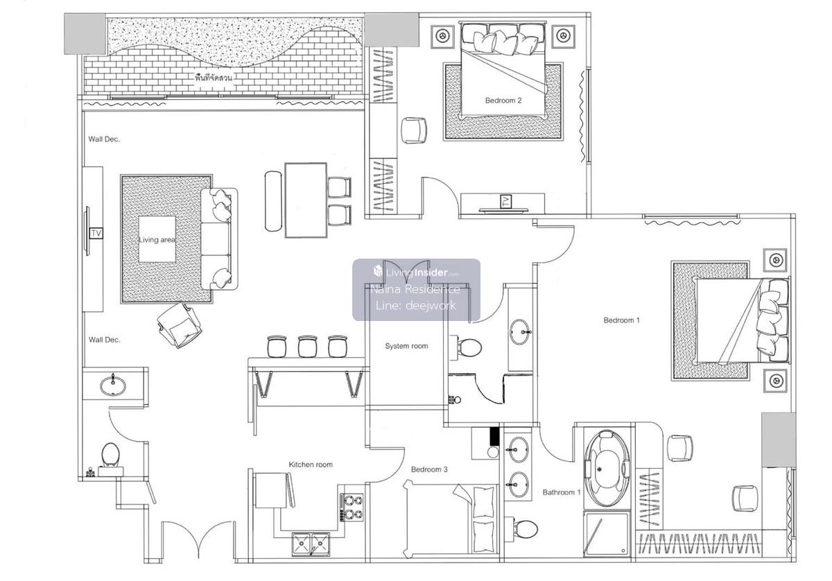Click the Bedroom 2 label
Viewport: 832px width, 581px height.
[503, 101]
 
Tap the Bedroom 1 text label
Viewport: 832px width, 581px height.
[621, 320]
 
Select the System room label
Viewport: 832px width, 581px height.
[406, 346]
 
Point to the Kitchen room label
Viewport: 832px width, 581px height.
[311, 465]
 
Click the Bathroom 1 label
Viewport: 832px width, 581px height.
[561, 492]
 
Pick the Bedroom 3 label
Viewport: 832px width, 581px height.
[429, 469]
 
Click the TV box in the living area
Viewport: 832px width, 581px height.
[96, 233]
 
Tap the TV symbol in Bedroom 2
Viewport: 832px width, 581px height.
[506, 202]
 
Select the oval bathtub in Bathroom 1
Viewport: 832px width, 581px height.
[607, 469]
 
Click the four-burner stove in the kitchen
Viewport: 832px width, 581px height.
[352, 508]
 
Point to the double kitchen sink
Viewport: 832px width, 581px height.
[311, 544]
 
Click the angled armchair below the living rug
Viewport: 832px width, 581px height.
[180, 325]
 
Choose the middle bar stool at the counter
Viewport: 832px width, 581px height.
[308, 346]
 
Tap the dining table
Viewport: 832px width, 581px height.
[306, 200]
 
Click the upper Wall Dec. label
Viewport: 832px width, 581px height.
[104, 139]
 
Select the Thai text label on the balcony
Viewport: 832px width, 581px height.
[214, 78]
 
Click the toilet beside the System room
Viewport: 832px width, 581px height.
[466, 347]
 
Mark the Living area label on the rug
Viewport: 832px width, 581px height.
[157, 240]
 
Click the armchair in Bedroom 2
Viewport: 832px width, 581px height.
[414, 130]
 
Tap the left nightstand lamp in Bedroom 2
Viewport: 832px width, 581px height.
[442, 37]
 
